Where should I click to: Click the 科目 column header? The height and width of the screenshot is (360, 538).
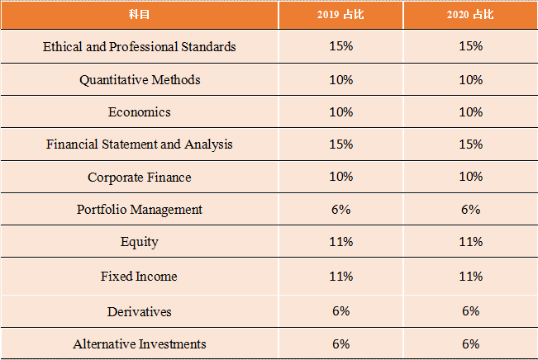click(x=139, y=15)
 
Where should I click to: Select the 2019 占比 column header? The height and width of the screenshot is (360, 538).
click(x=340, y=15)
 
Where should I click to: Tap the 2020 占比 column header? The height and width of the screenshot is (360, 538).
click(x=470, y=15)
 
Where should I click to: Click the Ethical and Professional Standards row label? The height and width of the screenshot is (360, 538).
click(x=139, y=46)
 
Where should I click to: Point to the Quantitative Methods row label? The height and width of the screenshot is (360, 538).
click(x=139, y=80)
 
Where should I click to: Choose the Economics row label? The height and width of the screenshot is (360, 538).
click(x=139, y=112)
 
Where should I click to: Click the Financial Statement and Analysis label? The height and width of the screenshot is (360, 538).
click(x=139, y=144)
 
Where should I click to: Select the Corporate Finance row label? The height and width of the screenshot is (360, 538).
click(x=139, y=178)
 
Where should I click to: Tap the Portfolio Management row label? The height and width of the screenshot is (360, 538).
click(x=139, y=210)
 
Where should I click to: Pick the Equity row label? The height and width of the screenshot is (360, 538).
click(x=139, y=242)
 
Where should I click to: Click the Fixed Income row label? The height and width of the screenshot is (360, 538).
click(x=139, y=276)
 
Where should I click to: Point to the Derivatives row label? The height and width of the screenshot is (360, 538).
click(x=139, y=311)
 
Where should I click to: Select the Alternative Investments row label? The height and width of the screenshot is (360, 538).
click(x=139, y=343)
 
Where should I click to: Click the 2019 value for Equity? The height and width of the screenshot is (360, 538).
click(x=340, y=242)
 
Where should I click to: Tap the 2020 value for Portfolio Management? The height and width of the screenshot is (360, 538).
click(x=470, y=210)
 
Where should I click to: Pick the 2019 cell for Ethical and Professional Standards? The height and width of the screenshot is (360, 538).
click(x=340, y=46)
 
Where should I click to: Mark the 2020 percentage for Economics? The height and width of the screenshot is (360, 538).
click(x=470, y=112)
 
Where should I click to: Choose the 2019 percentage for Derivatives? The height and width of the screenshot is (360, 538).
click(x=340, y=311)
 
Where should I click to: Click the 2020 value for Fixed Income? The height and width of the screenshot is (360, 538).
click(x=470, y=276)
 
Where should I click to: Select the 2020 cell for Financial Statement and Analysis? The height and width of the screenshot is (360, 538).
click(x=470, y=144)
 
